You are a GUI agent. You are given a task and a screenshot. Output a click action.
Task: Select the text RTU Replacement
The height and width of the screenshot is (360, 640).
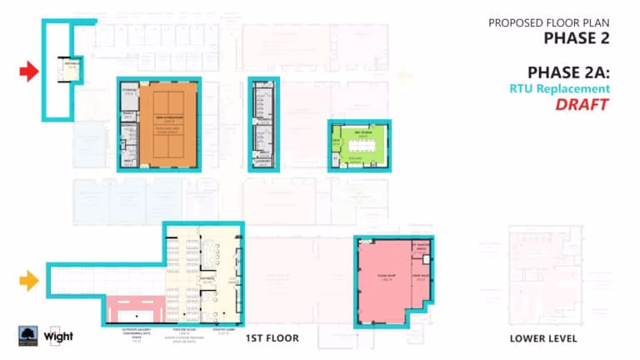(560, 88)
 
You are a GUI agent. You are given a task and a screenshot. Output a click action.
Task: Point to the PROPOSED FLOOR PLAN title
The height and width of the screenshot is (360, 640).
(549, 22)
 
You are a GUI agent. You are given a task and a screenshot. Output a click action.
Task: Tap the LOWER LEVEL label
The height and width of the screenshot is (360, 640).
(543, 338)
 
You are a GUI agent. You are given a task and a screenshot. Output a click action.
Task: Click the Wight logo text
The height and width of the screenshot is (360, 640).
(58, 337)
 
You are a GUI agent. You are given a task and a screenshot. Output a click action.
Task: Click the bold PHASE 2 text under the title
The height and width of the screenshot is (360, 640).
(577, 37)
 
